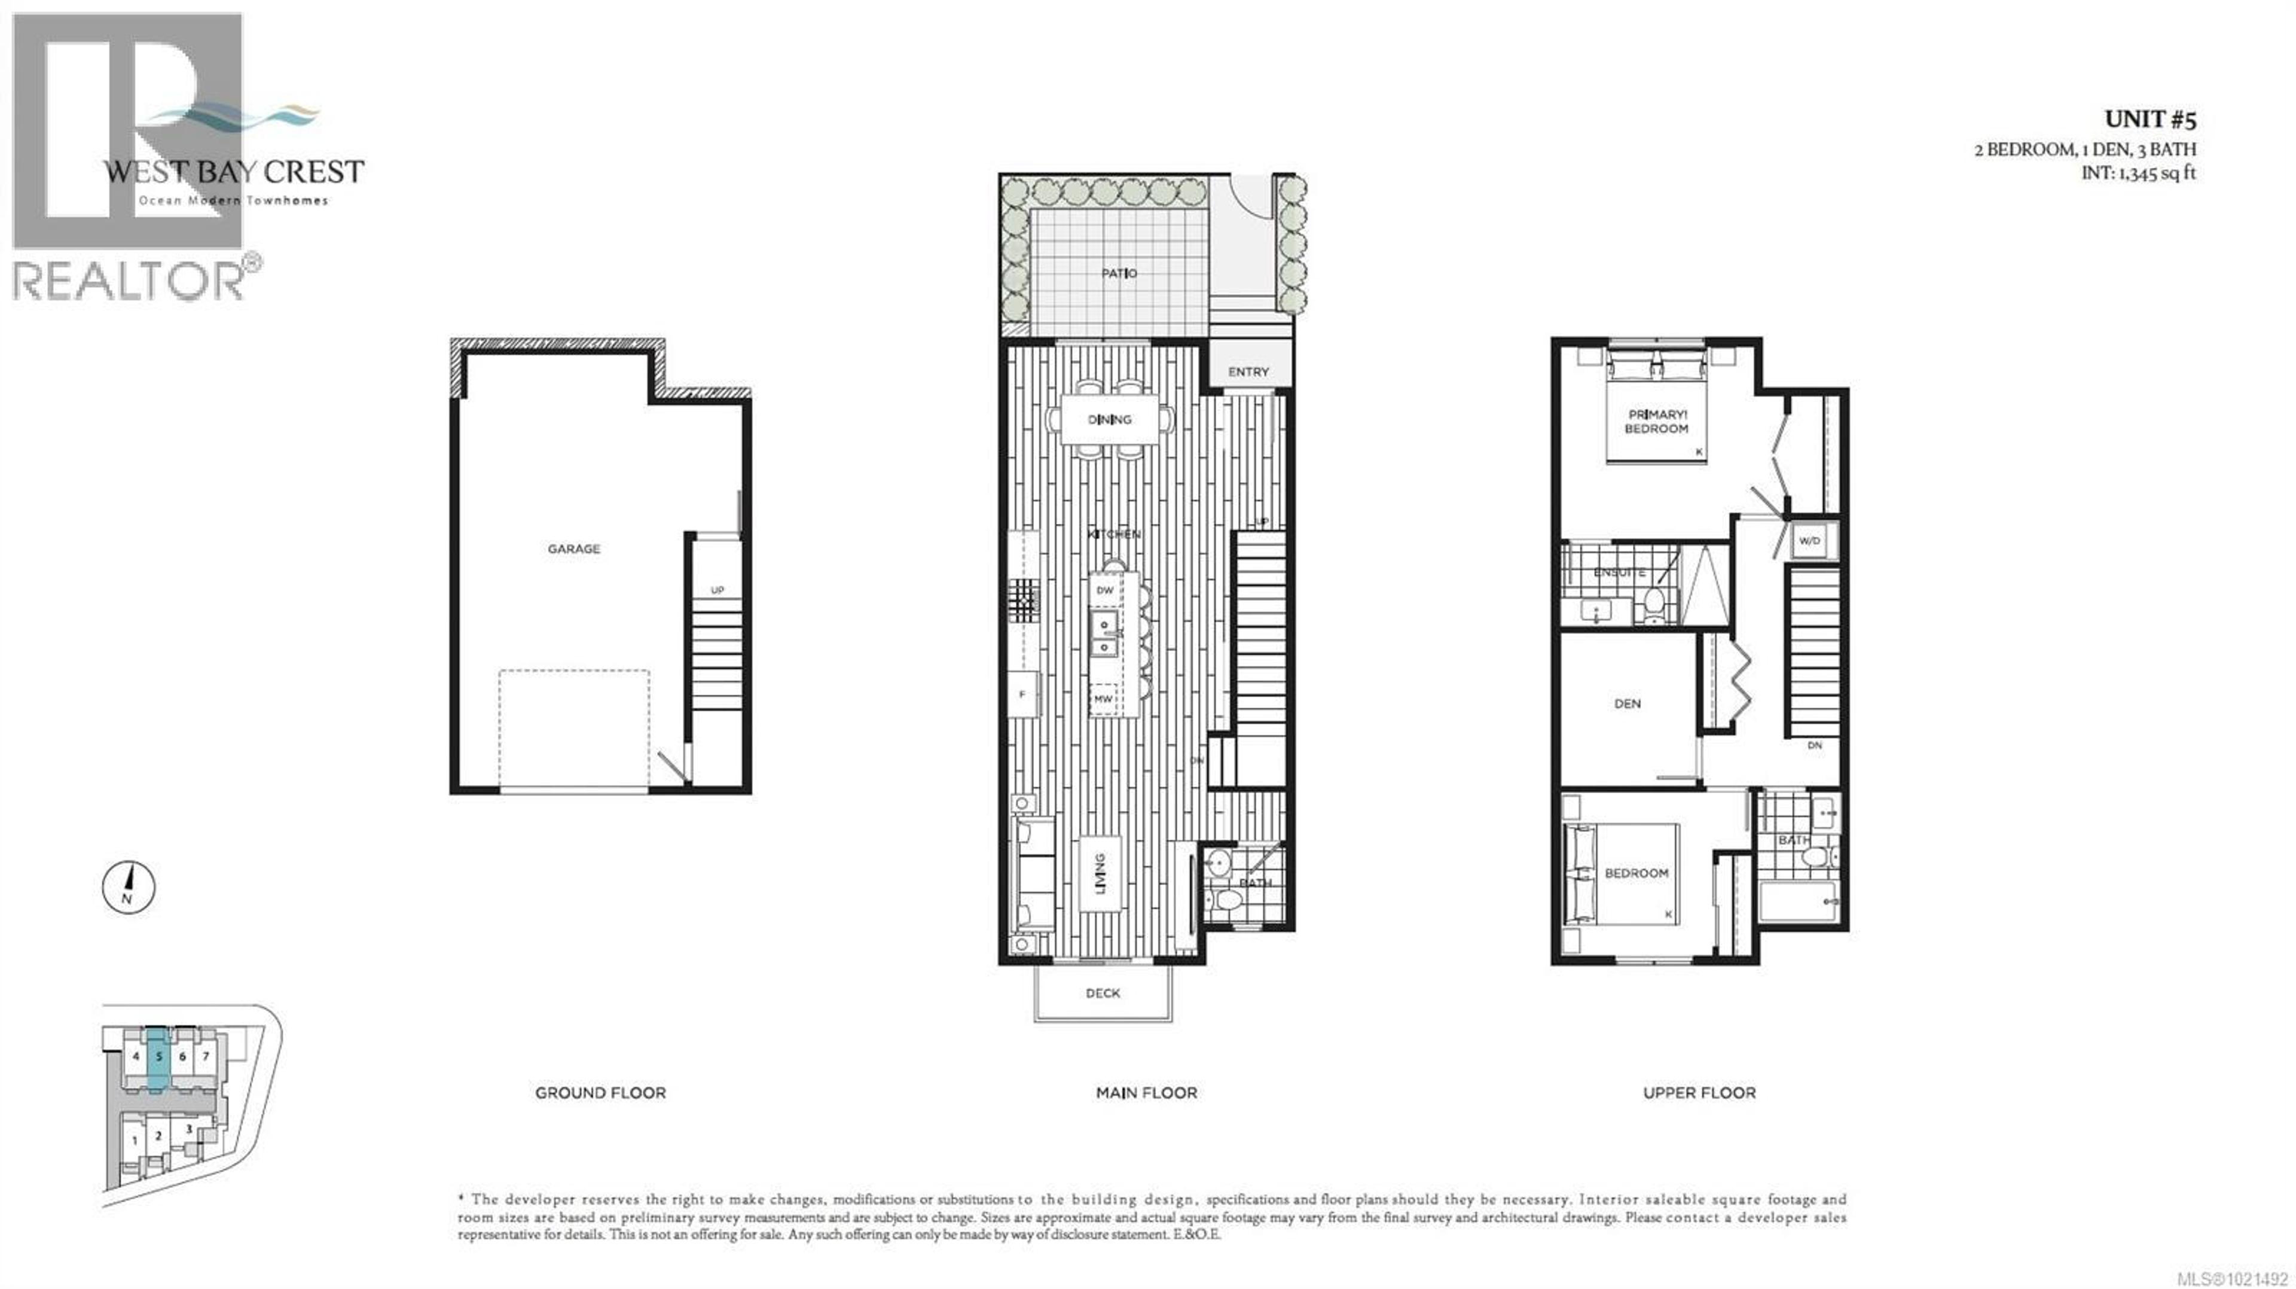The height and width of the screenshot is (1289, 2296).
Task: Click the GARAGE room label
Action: (x=573, y=549)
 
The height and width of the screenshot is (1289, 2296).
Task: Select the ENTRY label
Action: (x=1248, y=371)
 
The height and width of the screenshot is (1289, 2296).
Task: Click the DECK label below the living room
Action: (x=1103, y=993)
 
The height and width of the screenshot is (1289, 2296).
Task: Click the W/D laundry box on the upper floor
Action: (x=1809, y=541)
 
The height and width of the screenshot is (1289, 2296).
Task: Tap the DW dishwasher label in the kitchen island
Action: (x=1104, y=590)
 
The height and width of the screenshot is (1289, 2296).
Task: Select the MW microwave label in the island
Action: (x=1103, y=699)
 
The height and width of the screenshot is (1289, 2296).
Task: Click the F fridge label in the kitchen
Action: (x=1022, y=695)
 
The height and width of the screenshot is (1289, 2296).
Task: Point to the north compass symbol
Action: (x=129, y=887)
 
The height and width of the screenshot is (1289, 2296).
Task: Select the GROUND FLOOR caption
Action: (x=600, y=1093)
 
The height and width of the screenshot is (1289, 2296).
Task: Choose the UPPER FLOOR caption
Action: (x=1699, y=1093)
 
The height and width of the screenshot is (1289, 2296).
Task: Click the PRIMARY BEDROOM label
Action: (x=1656, y=422)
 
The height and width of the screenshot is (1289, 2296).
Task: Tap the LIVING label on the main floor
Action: (x=1100, y=874)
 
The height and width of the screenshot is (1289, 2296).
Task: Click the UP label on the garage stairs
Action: (x=717, y=590)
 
